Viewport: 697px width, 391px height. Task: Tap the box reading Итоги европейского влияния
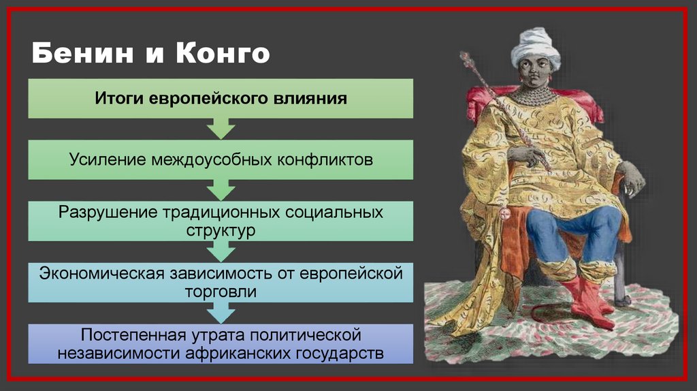(x=221, y=98)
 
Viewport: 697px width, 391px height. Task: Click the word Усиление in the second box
(x=108, y=159)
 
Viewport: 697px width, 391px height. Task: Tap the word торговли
(x=221, y=292)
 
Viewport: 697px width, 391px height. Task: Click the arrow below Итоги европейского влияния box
(x=221, y=128)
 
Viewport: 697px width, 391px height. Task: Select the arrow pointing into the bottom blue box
(x=221, y=313)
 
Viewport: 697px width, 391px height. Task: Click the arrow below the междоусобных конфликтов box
(x=221, y=189)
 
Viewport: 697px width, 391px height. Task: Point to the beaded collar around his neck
(x=532, y=95)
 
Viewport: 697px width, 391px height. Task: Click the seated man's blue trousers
(x=572, y=232)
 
